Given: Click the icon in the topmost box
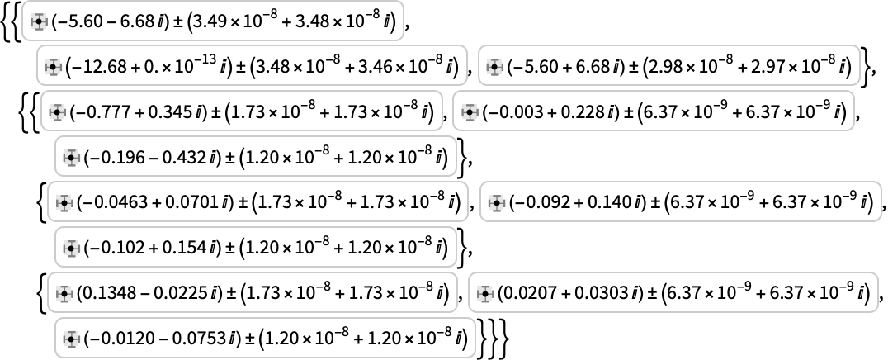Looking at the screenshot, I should (39, 21).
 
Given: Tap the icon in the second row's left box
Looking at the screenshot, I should (54, 67).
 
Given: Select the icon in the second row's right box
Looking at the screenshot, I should (495, 67).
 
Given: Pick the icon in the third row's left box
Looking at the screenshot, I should (57, 112).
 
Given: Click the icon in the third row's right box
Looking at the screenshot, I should (470, 112).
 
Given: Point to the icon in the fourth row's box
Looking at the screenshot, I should (72, 158).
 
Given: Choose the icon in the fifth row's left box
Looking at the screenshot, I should (64, 203).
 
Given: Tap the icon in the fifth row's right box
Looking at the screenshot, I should (496, 203).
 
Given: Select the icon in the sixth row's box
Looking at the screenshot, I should (72, 249).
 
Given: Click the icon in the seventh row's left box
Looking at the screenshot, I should (64, 294).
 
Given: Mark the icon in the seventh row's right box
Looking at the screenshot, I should (485, 294).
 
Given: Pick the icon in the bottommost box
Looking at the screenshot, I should (72, 339).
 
